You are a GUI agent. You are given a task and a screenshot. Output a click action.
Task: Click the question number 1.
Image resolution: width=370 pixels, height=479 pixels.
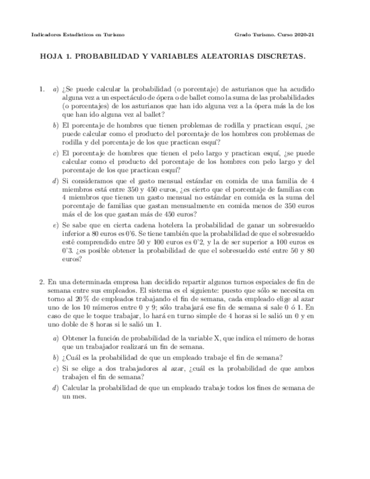point(41,89)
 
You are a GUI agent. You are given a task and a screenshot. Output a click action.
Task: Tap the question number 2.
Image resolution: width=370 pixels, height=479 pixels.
point(41,282)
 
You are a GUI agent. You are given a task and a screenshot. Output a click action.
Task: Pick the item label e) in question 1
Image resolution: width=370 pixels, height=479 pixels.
point(55,224)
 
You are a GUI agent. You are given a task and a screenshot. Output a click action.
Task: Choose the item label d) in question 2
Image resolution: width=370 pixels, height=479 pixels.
point(55,388)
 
